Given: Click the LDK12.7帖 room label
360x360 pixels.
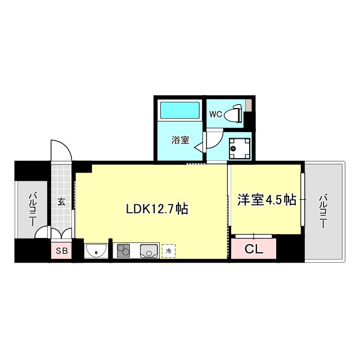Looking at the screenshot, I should (x=156, y=209).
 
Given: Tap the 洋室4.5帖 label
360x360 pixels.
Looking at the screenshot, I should (x=266, y=200).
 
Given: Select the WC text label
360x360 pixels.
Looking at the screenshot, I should (x=215, y=114).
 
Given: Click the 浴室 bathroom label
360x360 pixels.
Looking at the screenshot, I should (x=180, y=141).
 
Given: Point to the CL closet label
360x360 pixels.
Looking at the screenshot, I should (x=254, y=249).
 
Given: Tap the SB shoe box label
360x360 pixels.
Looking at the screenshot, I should (x=61, y=251).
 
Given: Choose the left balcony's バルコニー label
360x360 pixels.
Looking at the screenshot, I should (x=32, y=209).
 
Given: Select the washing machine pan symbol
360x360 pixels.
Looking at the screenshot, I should (x=238, y=148).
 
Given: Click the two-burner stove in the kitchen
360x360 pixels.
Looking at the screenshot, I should (x=124, y=250).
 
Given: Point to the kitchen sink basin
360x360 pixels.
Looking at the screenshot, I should (x=149, y=250).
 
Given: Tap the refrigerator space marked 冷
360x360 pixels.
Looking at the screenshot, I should (x=168, y=251).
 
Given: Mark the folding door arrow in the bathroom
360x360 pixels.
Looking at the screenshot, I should (x=199, y=148).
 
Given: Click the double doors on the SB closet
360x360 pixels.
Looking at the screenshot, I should (x=61, y=235).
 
